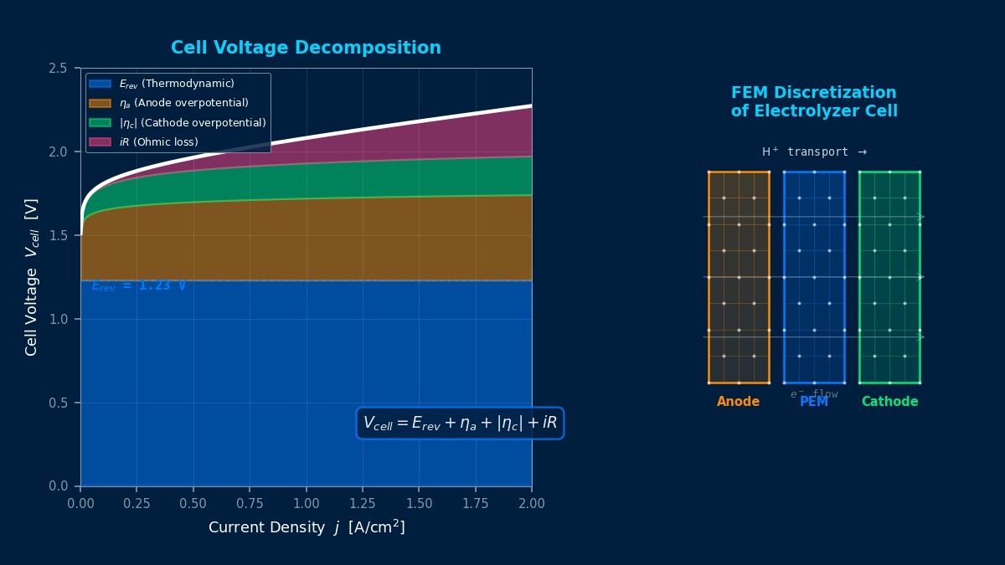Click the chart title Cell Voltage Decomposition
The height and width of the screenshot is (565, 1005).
(x=306, y=49)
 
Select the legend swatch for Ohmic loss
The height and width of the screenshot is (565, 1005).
(x=100, y=142)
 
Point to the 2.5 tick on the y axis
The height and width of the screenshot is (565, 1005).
(x=58, y=69)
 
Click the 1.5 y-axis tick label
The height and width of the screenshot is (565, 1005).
(x=58, y=236)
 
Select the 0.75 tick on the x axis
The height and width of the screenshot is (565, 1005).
(x=250, y=504)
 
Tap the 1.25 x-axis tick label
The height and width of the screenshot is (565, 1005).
(x=363, y=504)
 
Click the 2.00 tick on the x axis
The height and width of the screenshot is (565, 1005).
(x=532, y=504)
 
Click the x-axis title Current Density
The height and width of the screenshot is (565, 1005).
(x=306, y=528)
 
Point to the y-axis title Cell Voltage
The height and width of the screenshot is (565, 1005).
(x=32, y=277)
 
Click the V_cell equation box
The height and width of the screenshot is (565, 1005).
(x=460, y=424)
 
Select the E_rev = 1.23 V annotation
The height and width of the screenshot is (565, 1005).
(x=139, y=286)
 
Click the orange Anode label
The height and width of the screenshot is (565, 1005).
(x=738, y=403)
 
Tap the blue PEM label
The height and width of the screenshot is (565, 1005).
(x=814, y=403)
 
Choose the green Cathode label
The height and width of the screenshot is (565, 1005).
(x=889, y=403)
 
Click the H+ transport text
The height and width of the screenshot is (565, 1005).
(x=813, y=152)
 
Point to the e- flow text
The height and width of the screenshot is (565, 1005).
(x=813, y=394)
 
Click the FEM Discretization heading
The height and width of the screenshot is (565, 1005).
(x=813, y=102)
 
